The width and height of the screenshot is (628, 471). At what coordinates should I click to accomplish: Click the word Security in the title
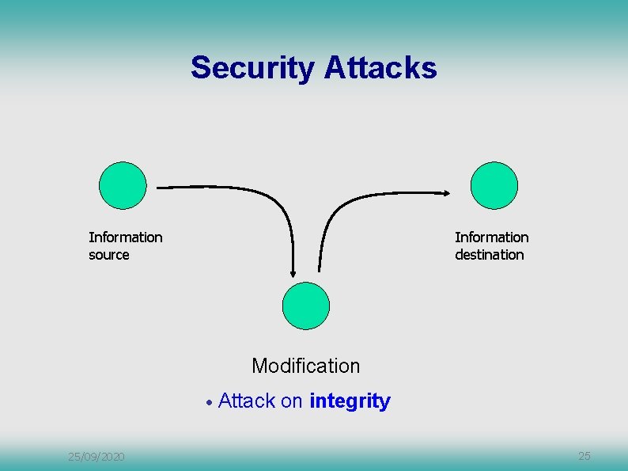pos(252,68)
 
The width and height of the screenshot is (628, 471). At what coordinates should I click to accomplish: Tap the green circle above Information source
pos(123,185)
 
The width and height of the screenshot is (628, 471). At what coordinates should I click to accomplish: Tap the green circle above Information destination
pos(494,185)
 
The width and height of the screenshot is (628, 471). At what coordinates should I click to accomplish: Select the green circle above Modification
pos(306,306)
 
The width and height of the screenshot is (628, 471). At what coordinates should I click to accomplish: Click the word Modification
pos(305,366)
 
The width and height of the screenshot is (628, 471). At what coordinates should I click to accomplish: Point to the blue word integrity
pos(350,401)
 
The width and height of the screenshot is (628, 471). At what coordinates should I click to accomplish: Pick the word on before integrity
pos(291,401)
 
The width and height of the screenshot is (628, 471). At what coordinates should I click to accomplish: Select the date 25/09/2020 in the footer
pos(96,457)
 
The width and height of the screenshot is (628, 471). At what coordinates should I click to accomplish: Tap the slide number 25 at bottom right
pos(584,456)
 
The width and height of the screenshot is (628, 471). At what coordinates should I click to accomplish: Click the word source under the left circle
pos(109,255)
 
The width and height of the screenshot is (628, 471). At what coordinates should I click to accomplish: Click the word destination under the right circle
pos(489,255)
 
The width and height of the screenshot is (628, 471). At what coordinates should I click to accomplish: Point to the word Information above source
pos(126,237)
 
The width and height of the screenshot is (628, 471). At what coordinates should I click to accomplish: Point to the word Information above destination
pos(491,237)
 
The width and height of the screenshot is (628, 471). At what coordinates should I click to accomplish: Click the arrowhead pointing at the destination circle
pos(447,192)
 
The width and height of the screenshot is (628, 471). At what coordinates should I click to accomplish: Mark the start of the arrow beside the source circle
pos(157,188)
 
